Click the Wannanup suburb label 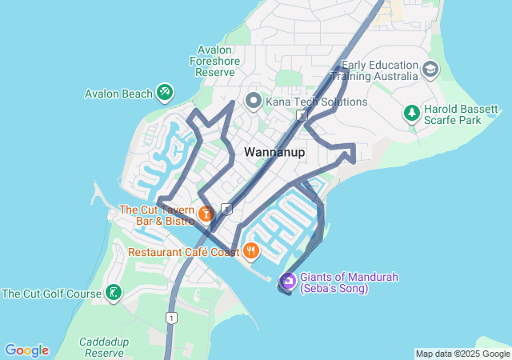[x=274, y=152]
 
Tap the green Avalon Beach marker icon [x=165, y=94]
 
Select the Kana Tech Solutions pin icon [x=254, y=102]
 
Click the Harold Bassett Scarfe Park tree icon [x=411, y=113]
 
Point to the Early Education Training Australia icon [x=431, y=70]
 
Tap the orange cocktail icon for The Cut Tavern [x=206, y=214]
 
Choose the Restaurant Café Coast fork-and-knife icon [x=251, y=252]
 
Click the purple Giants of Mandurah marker [x=287, y=282]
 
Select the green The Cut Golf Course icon [x=114, y=294]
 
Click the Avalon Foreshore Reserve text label [x=212, y=60]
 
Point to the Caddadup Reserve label [x=104, y=347]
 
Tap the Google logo [x=26, y=350]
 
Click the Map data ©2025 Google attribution [x=462, y=354]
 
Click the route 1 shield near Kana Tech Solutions [x=301, y=116]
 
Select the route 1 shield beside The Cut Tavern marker [x=226, y=210]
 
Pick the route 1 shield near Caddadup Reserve [x=170, y=318]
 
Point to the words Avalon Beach [x=118, y=94]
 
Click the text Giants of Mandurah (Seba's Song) [x=349, y=282]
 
